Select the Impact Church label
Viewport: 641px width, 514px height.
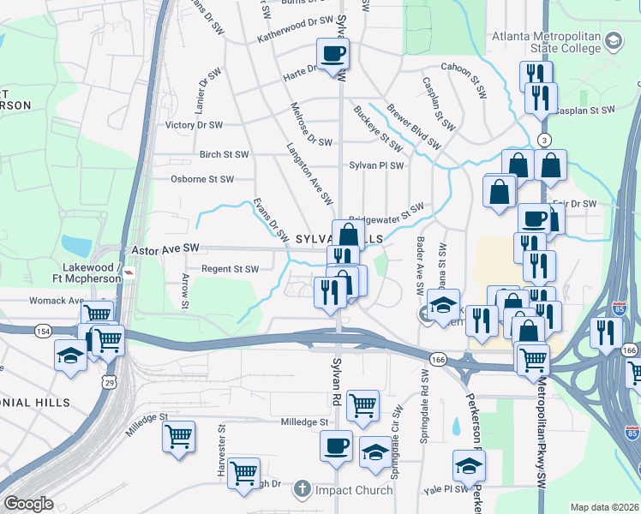point(353,490)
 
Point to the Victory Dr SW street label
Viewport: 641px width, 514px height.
point(194,124)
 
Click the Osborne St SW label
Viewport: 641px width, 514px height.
point(201,179)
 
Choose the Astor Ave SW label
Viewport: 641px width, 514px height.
point(165,248)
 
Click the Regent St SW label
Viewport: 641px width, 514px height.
point(229,269)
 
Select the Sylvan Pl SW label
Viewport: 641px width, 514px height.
point(376,164)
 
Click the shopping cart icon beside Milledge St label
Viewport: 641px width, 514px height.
point(179,436)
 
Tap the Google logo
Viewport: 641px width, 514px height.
point(28,504)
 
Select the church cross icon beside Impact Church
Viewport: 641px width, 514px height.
point(301,490)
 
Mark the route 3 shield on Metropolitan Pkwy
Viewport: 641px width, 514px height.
point(543,140)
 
